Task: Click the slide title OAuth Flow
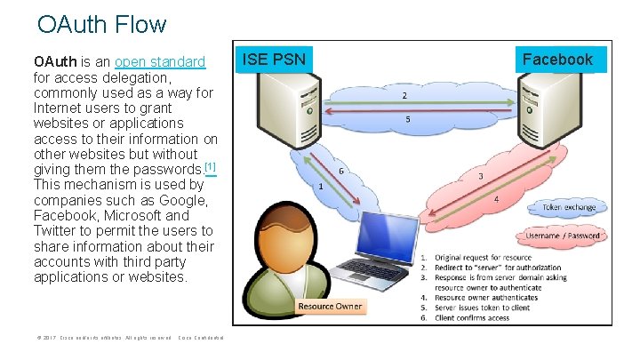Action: click(x=102, y=24)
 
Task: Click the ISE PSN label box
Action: click(x=275, y=60)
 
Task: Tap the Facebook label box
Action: click(x=557, y=60)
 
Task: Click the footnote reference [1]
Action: click(x=210, y=167)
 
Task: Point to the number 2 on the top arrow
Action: click(x=405, y=95)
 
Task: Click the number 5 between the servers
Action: click(x=408, y=119)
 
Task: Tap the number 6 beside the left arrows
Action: click(x=341, y=172)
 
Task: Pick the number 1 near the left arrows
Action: click(x=320, y=187)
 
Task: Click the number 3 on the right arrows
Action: click(x=481, y=177)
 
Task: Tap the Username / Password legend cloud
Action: click(x=562, y=236)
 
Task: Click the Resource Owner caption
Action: click(x=330, y=306)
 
